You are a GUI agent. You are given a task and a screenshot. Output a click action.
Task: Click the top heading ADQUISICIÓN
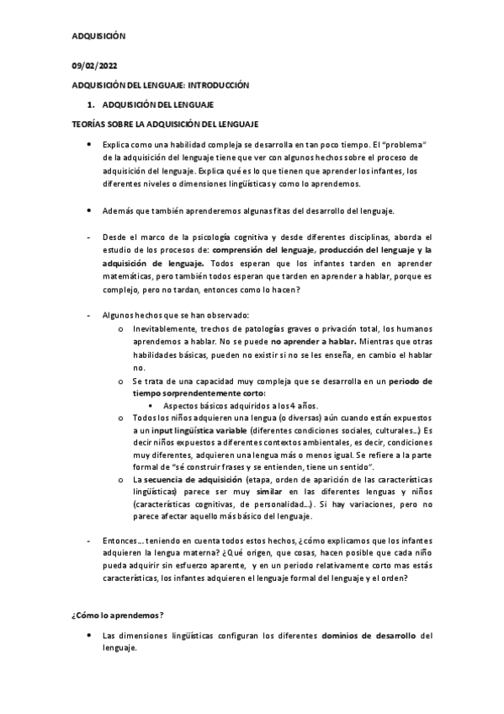click(x=97, y=37)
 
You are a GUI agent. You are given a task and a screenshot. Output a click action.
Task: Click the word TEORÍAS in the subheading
click(x=88, y=124)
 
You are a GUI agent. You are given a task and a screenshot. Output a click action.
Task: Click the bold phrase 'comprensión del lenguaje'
click(x=263, y=250)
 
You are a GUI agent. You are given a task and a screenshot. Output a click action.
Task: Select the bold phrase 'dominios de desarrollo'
click(x=369, y=635)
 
